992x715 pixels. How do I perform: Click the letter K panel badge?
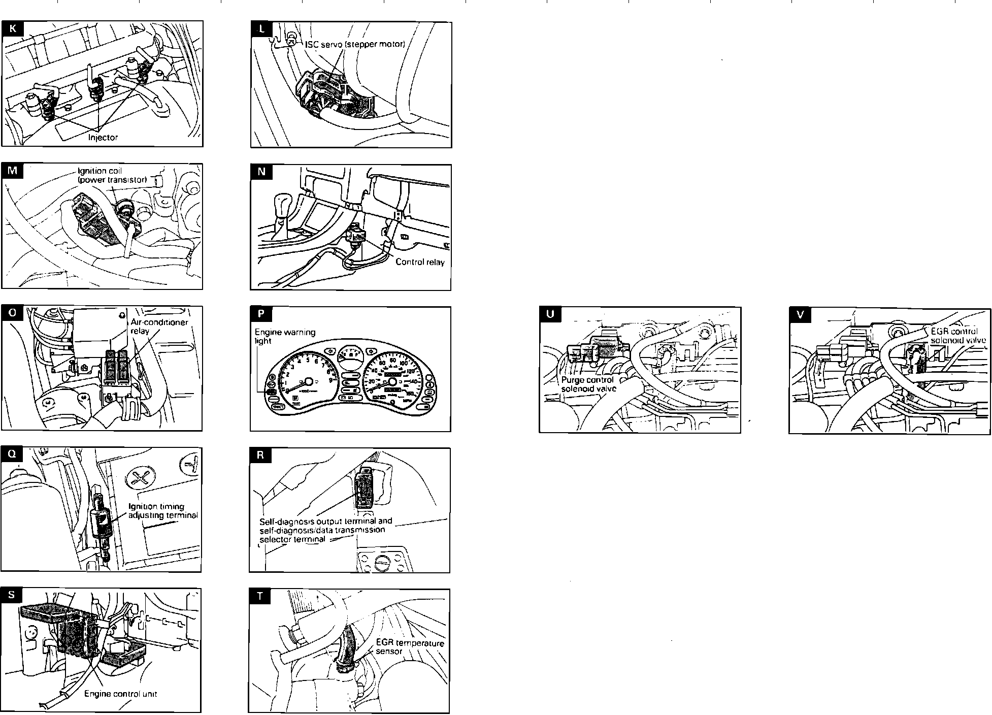(13, 28)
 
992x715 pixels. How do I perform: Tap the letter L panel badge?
(262, 29)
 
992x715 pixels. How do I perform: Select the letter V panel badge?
(801, 315)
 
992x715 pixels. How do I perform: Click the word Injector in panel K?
(103, 137)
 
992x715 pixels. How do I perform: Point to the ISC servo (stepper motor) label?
(355, 44)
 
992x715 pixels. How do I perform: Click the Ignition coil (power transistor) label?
(112, 175)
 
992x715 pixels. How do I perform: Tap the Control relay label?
(420, 262)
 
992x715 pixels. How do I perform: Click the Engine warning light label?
(284, 336)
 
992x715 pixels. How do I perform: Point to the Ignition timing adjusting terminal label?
(162, 511)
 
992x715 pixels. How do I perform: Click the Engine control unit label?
(120, 694)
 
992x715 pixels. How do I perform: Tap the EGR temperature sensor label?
(409, 647)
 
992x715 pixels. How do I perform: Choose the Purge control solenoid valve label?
(588, 384)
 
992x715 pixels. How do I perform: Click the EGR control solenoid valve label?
(958, 336)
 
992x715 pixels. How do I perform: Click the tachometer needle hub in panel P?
(307, 381)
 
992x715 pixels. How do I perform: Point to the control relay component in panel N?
(355, 235)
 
